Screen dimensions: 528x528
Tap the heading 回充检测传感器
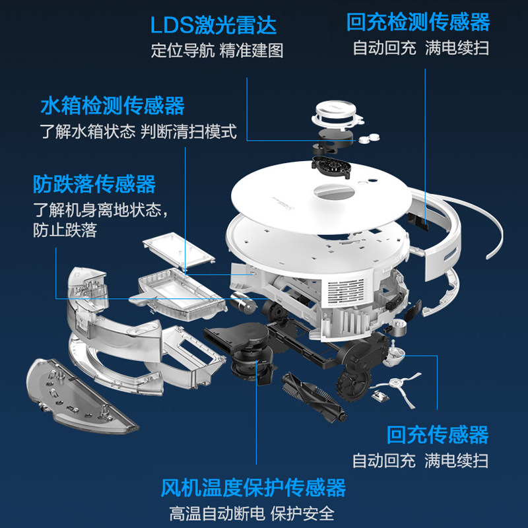click(418, 22)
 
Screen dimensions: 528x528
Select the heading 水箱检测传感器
click(112, 106)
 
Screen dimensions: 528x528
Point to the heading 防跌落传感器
click(94, 183)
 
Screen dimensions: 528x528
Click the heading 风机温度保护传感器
click(253, 488)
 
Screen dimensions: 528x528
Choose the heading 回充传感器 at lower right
click(438, 434)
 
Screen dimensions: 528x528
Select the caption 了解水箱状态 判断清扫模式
click(137, 131)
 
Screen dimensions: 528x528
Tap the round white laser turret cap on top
click(338, 112)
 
